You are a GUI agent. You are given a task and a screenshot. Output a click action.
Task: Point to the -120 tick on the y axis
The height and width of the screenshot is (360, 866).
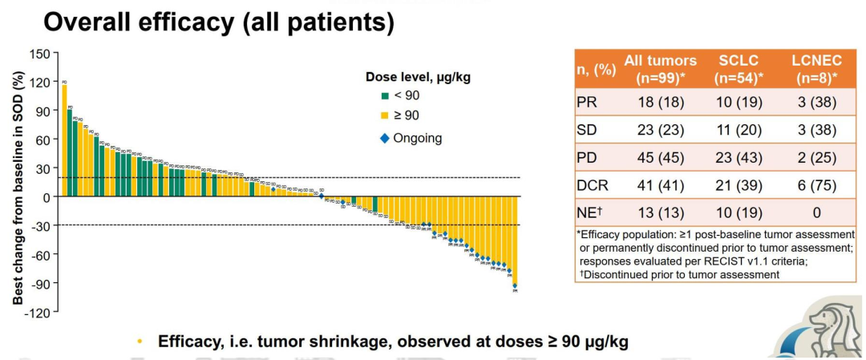click(x=38, y=311)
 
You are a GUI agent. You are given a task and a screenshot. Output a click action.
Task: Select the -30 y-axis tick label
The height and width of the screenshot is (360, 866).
click(x=41, y=225)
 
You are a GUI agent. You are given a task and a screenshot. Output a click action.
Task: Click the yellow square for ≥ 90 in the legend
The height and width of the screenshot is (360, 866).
click(x=385, y=117)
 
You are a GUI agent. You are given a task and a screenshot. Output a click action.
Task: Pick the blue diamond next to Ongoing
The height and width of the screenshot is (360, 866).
click(x=385, y=138)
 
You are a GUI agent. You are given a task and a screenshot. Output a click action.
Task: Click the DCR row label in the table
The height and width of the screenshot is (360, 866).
click(x=593, y=185)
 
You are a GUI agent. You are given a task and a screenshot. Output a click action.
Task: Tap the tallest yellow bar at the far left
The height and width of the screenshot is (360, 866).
click(x=64, y=140)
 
